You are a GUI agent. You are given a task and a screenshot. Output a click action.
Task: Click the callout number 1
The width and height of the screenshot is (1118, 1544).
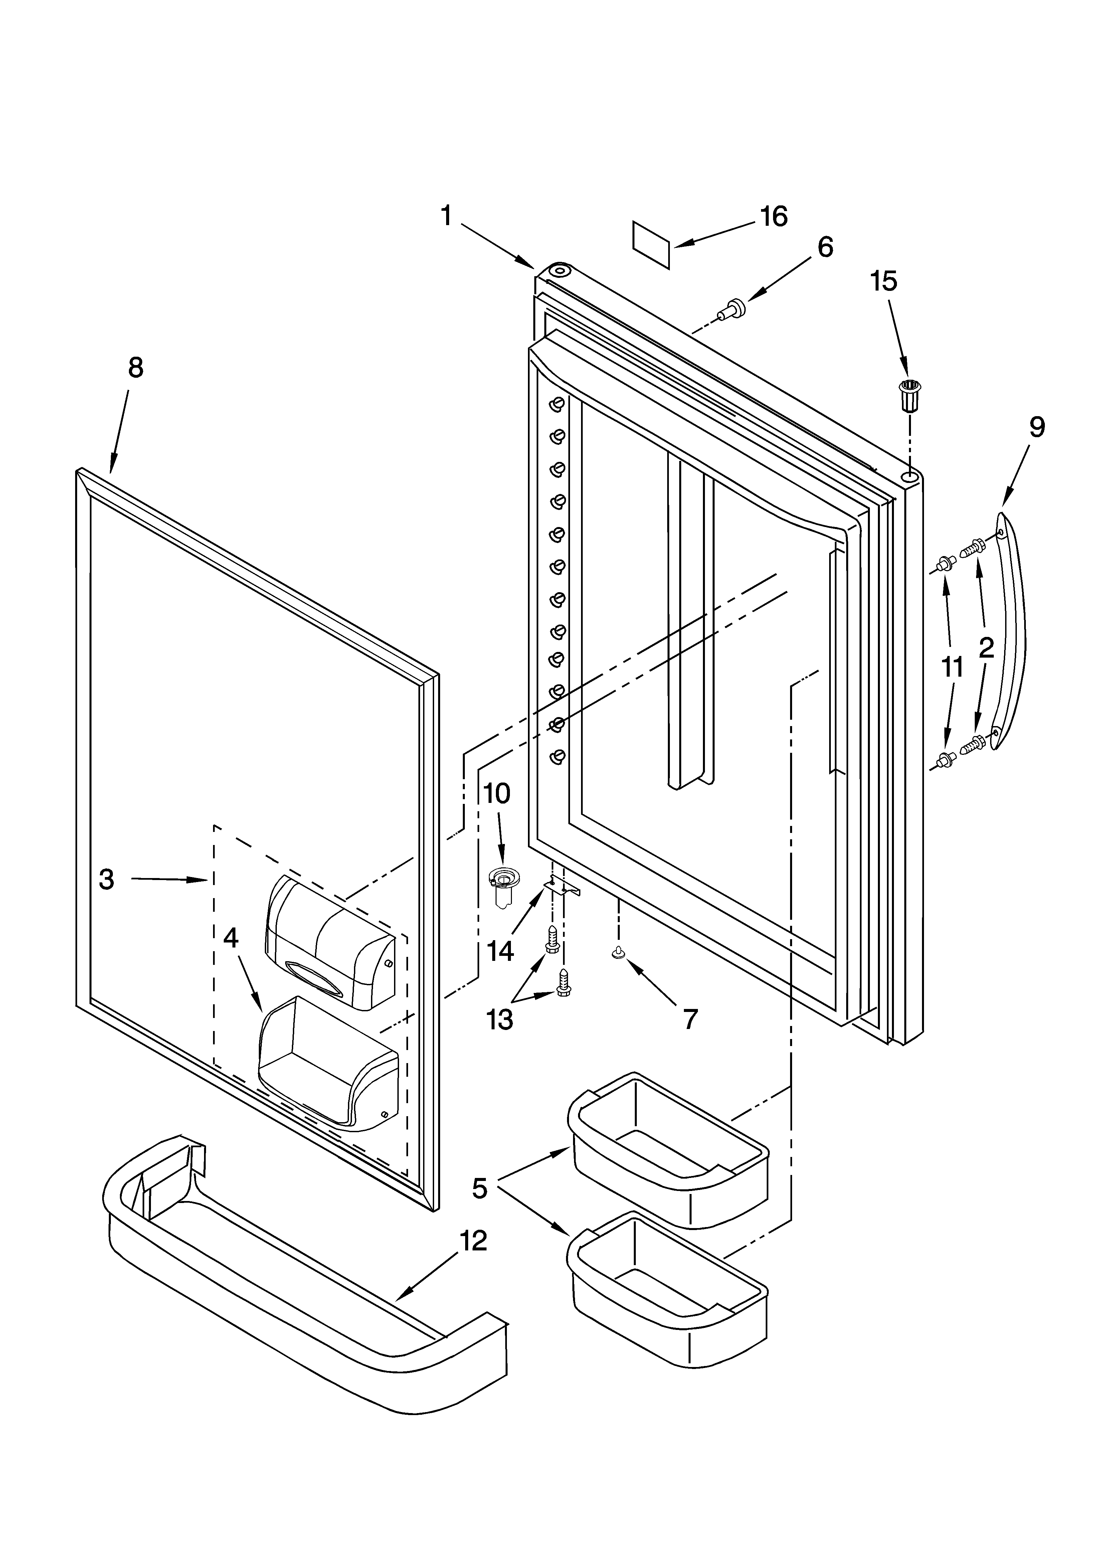pyautogui.click(x=446, y=216)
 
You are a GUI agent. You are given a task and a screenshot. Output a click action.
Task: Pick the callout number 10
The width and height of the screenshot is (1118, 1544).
pyautogui.click(x=497, y=793)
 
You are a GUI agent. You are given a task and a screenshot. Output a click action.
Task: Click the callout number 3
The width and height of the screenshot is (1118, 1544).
pyautogui.click(x=106, y=880)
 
